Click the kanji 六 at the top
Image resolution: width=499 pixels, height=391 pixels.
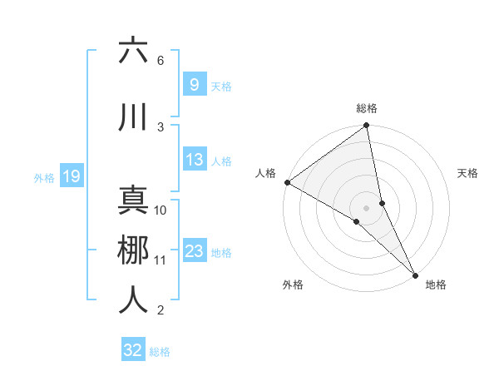[133, 52]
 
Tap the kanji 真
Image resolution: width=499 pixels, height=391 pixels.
[133, 200]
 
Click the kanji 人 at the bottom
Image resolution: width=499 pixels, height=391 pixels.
[133, 300]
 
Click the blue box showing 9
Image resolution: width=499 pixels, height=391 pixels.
[194, 84]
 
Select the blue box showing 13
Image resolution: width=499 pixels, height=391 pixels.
[195, 161]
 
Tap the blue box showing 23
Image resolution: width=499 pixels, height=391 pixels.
[195, 251]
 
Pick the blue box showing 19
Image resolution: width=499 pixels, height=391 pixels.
[72, 176]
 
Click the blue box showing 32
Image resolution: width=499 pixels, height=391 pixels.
[133, 350]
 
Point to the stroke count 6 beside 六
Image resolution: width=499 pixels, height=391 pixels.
[161, 61]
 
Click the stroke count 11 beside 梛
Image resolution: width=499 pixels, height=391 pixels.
[161, 260]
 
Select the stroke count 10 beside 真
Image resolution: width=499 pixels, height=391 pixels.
[161, 210]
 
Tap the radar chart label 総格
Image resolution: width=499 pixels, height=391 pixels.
[367, 108]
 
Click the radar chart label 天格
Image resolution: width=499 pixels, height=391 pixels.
[467, 173]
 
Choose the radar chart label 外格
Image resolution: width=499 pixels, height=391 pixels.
[293, 285]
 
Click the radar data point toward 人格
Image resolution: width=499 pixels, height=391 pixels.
[287, 182]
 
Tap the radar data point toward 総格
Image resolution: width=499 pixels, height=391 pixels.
[367, 126]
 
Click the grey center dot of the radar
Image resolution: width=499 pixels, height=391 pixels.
[367, 207]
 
